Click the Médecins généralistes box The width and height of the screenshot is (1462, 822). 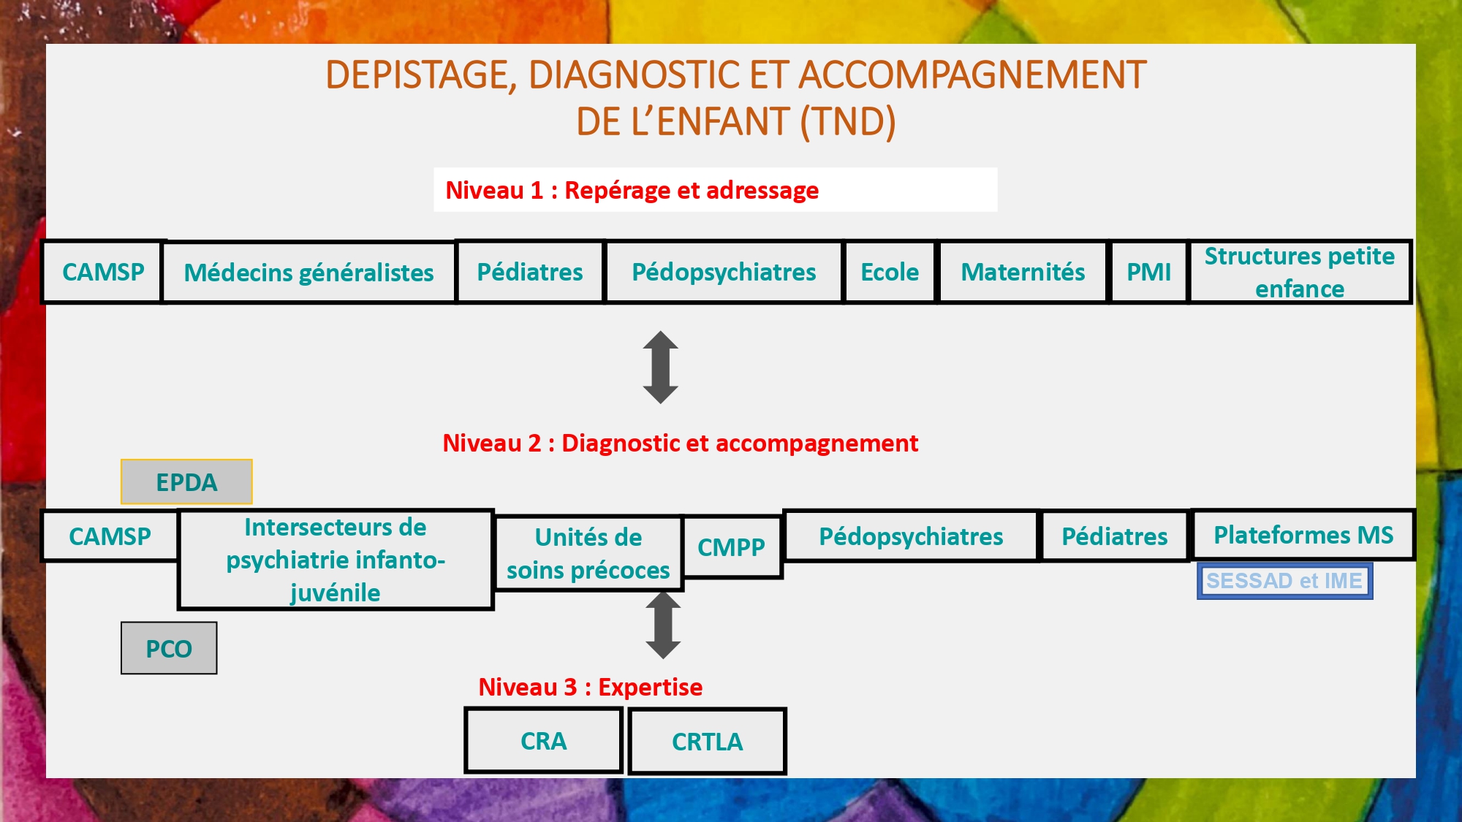(x=308, y=273)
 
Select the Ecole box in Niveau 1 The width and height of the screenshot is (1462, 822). (x=890, y=272)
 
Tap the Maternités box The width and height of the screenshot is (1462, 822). (x=1023, y=272)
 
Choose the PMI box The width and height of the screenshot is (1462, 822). (x=1148, y=272)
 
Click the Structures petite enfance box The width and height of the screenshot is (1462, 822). (x=1300, y=272)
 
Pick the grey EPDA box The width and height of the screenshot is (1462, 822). (x=186, y=482)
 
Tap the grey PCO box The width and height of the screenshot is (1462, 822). (x=169, y=648)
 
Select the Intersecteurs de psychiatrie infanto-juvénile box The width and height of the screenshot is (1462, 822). (x=336, y=560)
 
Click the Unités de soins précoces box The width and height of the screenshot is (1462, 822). (x=588, y=553)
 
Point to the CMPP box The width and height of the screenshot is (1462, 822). (x=732, y=547)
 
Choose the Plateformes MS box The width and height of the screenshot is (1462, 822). (x=1303, y=535)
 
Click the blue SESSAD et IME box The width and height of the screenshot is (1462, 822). (x=1284, y=581)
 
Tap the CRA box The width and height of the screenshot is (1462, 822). (x=543, y=741)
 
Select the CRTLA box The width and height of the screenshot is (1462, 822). (x=707, y=742)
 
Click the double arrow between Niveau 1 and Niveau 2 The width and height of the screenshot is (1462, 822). (x=661, y=368)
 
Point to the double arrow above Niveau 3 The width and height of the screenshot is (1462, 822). (x=664, y=625)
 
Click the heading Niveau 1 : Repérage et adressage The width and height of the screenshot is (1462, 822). (x=632, y=190)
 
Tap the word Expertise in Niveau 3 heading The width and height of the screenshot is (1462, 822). (x=651, y=687)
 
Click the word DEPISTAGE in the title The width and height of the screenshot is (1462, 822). (x=421, y=75)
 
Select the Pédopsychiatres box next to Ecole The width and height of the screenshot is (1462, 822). (x=724, y=272)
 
